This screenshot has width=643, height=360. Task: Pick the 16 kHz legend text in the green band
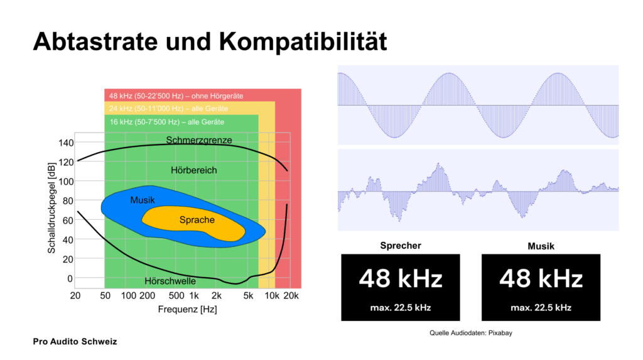click(166, 121)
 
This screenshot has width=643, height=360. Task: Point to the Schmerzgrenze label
click(199, 139)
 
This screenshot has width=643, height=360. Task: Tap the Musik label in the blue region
click(143, 200)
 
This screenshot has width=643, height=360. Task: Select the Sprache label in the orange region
click(197, 220)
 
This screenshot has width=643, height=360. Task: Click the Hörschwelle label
click(170, 281)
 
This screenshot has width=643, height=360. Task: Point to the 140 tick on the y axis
click(65, 143)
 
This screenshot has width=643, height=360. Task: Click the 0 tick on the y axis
click(70, 278)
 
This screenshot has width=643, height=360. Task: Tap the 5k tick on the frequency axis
click(249, 296)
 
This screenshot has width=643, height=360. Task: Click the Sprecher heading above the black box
click(401, 246)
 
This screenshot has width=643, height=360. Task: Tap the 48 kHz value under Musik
click(541, 278)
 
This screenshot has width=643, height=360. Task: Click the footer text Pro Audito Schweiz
click(75, 342)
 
